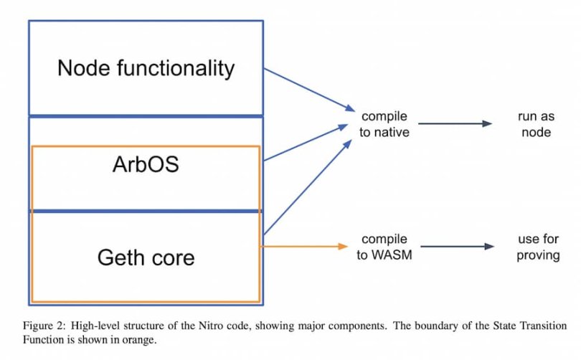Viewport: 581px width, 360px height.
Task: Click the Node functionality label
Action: point(146,68)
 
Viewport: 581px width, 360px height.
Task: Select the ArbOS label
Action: point(146,164)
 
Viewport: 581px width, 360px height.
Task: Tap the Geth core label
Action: point(146,257)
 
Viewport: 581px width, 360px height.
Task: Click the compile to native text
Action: point(384,124)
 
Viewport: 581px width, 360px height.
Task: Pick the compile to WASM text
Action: point(384,247)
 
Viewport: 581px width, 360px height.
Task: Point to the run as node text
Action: point(536,124)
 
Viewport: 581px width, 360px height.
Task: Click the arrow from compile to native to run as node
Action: point(455,124)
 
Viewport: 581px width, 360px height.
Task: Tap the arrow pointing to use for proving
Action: point(456,247)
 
